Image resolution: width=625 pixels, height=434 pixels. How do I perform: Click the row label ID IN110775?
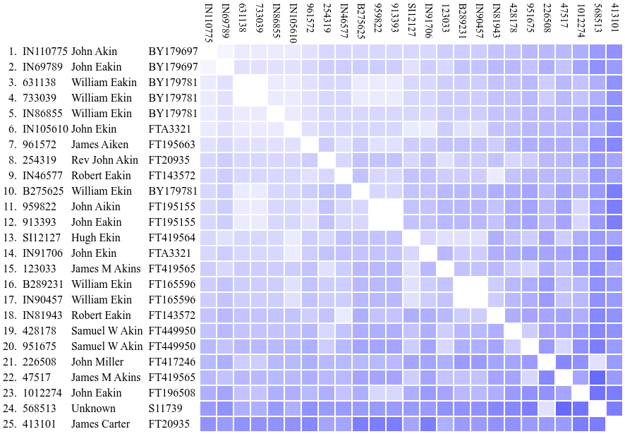(45, 52)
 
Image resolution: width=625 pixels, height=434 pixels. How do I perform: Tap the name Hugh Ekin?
(95, 238)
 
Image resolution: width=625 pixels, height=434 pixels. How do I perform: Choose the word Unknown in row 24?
(93, 409)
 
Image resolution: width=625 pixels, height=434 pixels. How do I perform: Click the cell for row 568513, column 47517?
(563, 409)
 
